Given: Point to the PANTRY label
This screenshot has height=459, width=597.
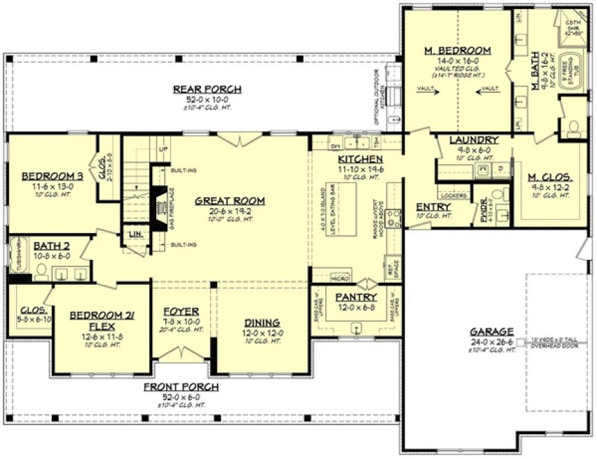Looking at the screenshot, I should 355,297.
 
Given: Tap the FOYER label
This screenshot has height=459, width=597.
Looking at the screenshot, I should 181,310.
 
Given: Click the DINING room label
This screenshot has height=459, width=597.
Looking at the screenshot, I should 261,322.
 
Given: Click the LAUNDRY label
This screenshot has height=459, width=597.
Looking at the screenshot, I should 469,140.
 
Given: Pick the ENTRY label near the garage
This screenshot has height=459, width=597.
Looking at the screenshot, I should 434,207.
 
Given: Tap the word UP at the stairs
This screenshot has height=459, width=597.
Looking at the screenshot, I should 163,149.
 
